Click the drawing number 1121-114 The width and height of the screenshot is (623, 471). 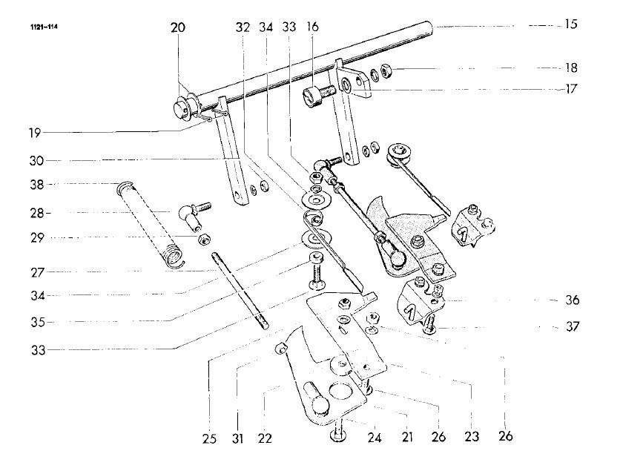click(x=44, y=28)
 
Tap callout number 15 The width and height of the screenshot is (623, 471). click(x=570, y=24)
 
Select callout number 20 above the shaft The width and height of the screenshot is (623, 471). click(x=178, y=28)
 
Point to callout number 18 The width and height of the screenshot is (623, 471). click(x=570, y=67)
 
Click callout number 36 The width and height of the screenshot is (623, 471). click(x=570, y=301)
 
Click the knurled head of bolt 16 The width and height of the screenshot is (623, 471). click(x=311, y=96)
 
